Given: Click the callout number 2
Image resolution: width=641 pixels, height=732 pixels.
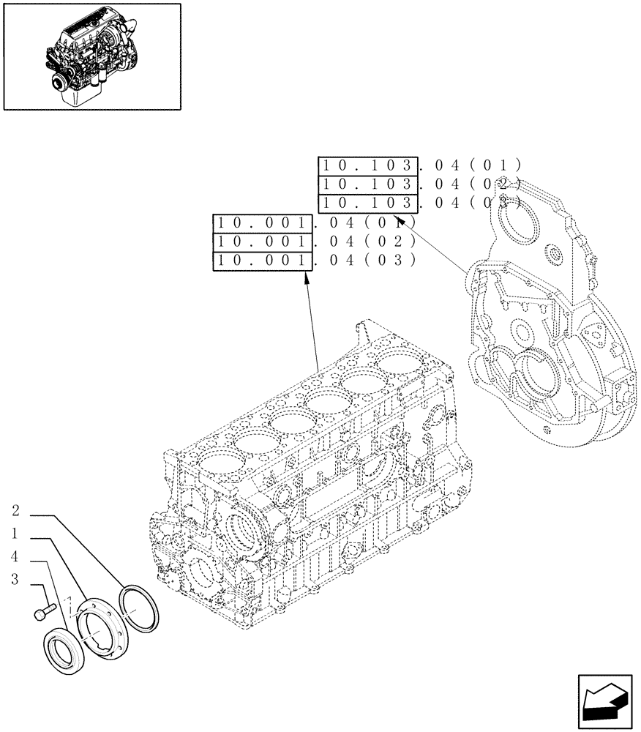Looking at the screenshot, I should pos(16,511).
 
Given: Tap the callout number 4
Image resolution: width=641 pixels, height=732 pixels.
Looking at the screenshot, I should pos(16,558).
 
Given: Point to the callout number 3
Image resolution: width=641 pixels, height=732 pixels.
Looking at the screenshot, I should pos(16,581).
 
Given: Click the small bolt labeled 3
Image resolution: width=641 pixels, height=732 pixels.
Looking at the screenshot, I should pos(45,610).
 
